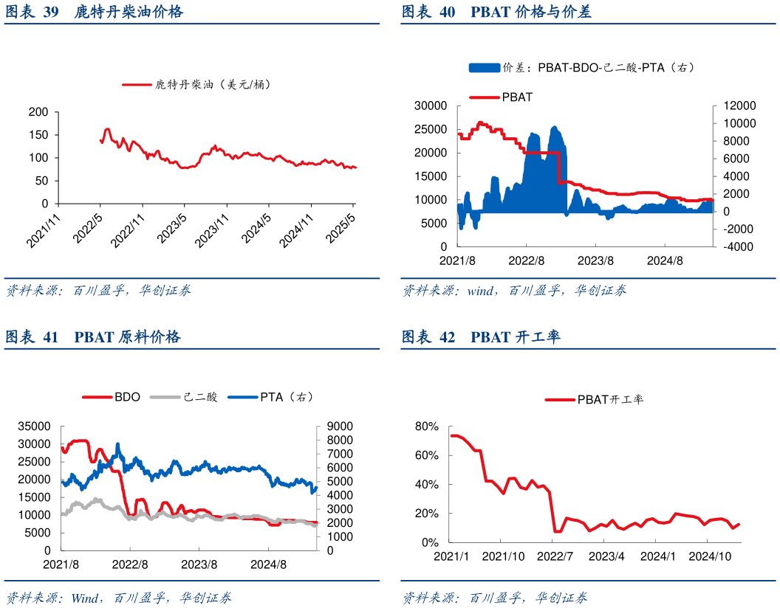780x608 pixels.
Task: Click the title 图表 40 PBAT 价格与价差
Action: [496, 12]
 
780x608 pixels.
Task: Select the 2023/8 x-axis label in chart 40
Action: [595, 260]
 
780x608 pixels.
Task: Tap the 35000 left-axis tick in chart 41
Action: [35, 426]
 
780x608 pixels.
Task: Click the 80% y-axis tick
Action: [426, 426]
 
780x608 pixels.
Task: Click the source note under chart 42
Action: [495, 597]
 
